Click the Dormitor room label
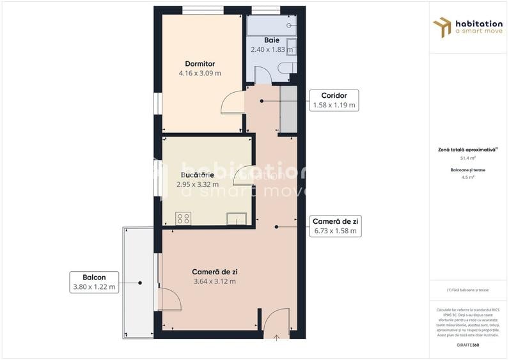tap(200, 64)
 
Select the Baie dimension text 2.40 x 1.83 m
tap(272, 49)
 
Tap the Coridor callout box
tap(334, 100)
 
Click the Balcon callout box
tap(94, 282)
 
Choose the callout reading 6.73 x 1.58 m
tap(336, 226)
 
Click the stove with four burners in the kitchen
tap(184, 218)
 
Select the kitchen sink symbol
tap(237, 218)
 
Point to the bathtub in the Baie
tap(271, 26)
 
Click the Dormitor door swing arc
tap(232, 103)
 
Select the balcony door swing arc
tap(169, 299)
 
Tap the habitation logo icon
tap(441, 27)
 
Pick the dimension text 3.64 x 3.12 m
tap(214, 281)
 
